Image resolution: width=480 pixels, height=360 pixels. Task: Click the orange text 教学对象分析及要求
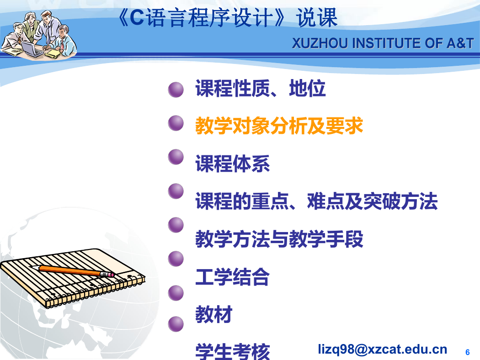pos(279,126)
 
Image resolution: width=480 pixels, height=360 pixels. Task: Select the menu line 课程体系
pos(233,164)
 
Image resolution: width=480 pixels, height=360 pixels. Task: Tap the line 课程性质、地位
pos(261,88)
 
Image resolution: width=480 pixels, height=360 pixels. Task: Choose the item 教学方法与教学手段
pos(279,239)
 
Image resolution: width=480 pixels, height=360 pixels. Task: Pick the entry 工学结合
pos(233,277)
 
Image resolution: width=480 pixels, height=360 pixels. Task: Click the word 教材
pos(214,314)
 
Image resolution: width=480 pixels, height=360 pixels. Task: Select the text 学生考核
pos(233,351)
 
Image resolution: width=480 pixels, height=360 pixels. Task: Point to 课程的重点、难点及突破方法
pos(316,201)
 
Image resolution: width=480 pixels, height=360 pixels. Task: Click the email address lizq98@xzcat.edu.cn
pos(383,349)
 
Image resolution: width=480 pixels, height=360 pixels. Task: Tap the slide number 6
pos(468,352)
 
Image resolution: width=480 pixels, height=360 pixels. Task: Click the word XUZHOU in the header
pos(320,43)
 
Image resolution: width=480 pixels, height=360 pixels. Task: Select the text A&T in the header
pos(460,43)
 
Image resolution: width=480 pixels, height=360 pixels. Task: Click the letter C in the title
pos(137,17)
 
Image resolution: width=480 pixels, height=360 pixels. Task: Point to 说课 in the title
pos(317,17)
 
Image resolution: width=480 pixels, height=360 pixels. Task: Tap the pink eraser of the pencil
pos(111,275)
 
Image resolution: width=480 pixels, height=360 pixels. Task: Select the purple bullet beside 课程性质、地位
pos(176,90)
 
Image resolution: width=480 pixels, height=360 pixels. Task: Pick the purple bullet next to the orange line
pos(176,123)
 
